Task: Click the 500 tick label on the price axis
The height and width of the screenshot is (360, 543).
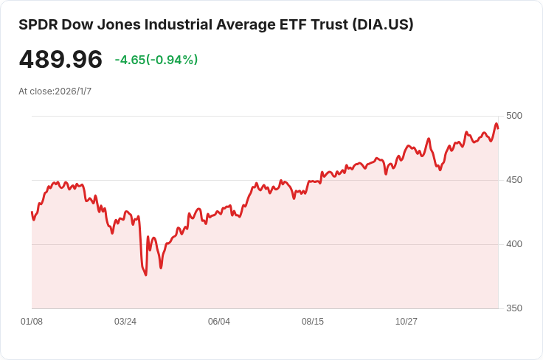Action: click(x=514, y=116)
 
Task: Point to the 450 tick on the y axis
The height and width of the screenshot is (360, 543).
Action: click(x=514, y=180)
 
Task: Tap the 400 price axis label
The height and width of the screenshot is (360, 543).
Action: click(x=514, y=244)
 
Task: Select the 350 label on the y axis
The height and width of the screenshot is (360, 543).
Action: click(x=514, y=308)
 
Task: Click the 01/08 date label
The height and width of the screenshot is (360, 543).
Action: click(x=32, y=322)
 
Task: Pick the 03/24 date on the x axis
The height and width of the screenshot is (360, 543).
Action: click(x=125, y=322)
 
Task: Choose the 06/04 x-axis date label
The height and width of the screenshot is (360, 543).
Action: click(x=219, y=322)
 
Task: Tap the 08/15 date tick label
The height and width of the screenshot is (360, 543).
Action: click(x=313, y=322)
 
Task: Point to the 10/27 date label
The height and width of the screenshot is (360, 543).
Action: click(x=407, y=322)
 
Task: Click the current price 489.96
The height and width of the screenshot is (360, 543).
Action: click(x=60, y=59)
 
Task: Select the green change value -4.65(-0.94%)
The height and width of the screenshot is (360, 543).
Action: click(x=156, y=60)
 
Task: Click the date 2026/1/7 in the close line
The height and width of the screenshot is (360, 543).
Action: click(x=73, y=91)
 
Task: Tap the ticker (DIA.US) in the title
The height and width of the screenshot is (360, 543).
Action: click(x=383, y=25)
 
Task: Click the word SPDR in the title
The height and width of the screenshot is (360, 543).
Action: click(x=38, y=25)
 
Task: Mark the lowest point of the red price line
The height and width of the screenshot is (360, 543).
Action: click(x=146, y=275)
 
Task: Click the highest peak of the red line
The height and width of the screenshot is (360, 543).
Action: click(x=497, y=124)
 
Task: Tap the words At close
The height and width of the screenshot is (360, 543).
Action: click(x=36, y=91)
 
